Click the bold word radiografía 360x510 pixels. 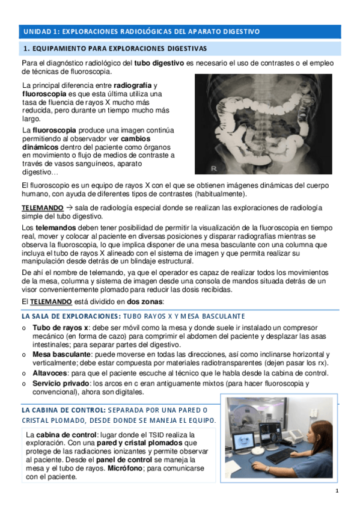coord(133,86)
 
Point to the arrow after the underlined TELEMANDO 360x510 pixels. coord(70,207)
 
